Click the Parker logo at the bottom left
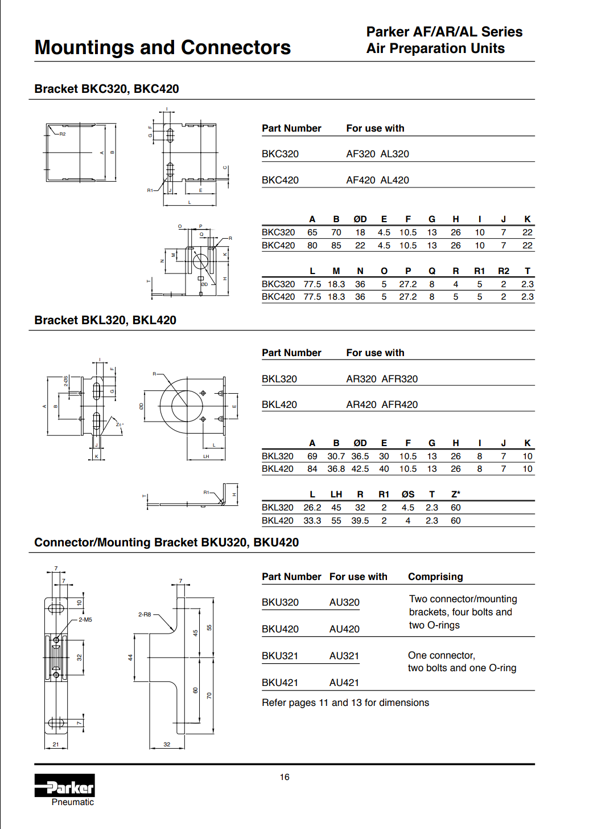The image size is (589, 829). pos(64,786)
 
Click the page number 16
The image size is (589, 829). pos(285,777)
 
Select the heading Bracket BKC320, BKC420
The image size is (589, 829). pos(106,89)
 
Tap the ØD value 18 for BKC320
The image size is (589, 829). pos(360,232)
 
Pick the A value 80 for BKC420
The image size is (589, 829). pos(312,246)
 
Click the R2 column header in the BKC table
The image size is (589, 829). pos(503,271)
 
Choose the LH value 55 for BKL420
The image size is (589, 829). pos(336,521)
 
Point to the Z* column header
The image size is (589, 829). pos(455,495)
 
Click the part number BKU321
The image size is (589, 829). pos(280,656)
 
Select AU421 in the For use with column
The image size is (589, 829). pos(344,683)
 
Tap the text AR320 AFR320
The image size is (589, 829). pos(382,379)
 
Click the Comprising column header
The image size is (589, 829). pos(435,577)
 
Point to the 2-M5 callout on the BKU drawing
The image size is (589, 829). pos(85,619)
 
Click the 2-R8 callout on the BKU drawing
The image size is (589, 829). pos(145,615)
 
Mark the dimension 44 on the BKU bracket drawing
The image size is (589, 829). pos(130,657)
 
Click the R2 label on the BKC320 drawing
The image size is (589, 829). pos(63,134)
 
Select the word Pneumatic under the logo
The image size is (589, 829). pos(73,802)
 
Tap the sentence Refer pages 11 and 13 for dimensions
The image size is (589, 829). pos(345,703)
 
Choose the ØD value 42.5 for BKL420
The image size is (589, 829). pos(360,469)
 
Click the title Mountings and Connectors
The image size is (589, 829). pos(163,48)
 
